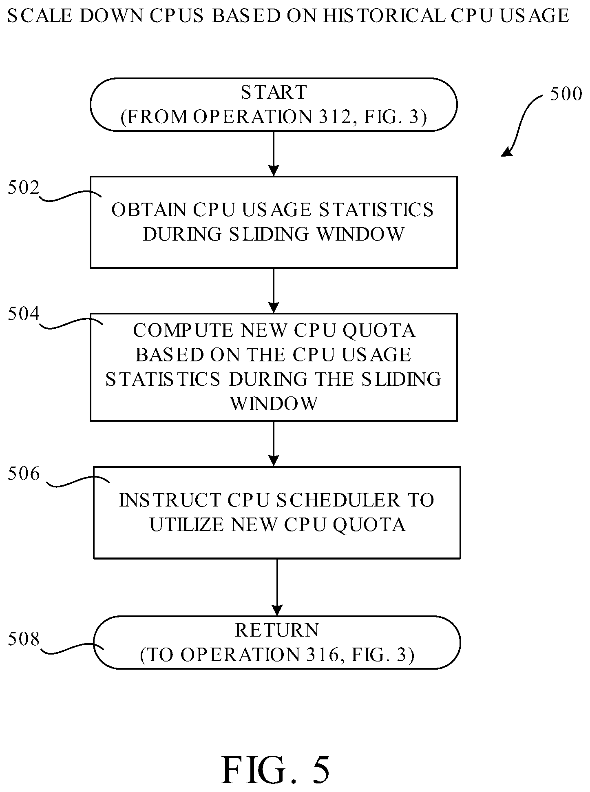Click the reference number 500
point(566,94)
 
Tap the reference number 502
point(24,188)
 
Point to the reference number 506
point(24,474)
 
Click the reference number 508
point(24,639)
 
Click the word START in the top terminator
point(274,92)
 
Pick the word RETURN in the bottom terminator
point(277,631)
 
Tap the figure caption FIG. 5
point(276,770)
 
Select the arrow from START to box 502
point(274,154)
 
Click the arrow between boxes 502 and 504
point(274,291)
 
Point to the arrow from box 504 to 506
point(274,444)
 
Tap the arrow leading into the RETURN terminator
point(277,587)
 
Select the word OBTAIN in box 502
point(149,210)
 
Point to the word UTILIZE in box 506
point(188,525)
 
